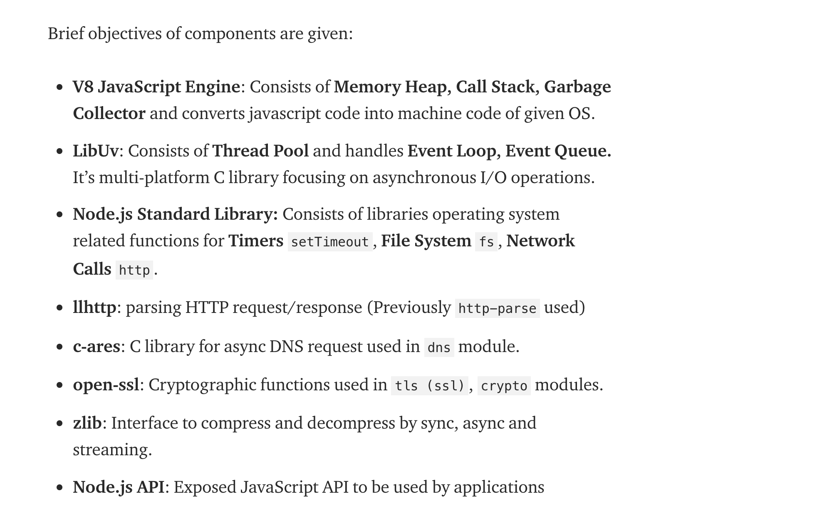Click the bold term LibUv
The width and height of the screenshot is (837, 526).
click(96, 151)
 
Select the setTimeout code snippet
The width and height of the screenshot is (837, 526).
click(330, 242)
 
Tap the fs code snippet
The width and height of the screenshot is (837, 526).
click(486, 242)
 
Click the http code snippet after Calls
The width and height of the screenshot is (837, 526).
click(134, 270)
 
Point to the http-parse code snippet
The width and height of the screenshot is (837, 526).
click(497, 308)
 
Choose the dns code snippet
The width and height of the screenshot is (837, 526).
click(439, 347)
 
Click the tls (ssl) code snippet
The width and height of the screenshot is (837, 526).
click(429, 386)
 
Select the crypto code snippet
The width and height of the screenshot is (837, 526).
click(504, 386)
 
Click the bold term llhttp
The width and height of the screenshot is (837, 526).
click(94, 308)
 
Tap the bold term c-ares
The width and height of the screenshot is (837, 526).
click(97, 346)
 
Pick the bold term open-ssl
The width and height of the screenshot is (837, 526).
click(106, 385)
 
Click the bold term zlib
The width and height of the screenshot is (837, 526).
click(87, 423)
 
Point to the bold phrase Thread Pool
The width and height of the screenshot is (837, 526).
click(260, 151)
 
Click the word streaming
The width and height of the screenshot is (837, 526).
click(112, 450)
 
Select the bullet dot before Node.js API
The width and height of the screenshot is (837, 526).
click(60, 487)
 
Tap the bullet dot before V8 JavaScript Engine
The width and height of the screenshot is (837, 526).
click(60, 87)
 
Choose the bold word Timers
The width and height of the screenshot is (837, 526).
click(255, 241)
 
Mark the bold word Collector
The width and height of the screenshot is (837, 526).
click(109, 114)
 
